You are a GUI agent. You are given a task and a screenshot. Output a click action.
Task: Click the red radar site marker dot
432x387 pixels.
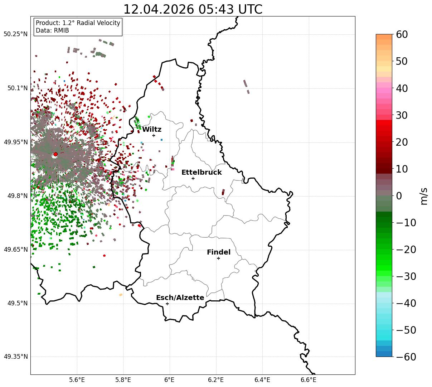click(x=55, y=154)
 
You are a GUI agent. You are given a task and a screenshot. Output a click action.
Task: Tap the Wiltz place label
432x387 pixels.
click(x=152, y=129)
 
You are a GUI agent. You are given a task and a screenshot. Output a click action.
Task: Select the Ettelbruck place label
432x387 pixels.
click(x=202, y=172)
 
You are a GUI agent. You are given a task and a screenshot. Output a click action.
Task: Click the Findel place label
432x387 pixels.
click(x=219, y=252)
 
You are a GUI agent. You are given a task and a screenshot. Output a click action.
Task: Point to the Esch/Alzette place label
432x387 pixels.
click(x=180, y=297)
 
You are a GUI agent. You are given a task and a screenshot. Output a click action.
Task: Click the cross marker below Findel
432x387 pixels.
click(x=218, y=258)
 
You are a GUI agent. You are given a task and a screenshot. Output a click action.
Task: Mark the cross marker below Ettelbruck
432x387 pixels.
click(x=193, y=178)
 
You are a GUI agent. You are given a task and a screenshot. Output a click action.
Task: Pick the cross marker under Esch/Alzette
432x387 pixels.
click(x=167, y=304)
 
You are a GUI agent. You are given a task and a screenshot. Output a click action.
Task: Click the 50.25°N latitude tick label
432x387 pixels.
click(x=15, y=34)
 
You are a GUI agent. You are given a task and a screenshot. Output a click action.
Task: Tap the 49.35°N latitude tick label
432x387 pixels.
click(x=15, y=357)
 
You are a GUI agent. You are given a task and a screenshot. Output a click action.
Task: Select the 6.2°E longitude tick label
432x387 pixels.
click(x=216, y=380)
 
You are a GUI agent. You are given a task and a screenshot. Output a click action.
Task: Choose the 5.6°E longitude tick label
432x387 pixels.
click(x=77, y=380)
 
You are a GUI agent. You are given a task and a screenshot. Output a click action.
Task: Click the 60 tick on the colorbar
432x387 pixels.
click(x=402, y=34)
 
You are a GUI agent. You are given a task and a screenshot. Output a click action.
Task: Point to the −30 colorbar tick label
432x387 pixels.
click(x=406, y=276)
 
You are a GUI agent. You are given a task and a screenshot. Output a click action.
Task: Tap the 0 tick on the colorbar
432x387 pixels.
click(x=399, y=196)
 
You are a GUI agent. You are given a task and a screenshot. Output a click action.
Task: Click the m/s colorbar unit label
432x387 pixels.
click(x=424, y=196)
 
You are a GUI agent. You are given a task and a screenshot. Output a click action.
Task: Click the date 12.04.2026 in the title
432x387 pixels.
click(x=159, y=9)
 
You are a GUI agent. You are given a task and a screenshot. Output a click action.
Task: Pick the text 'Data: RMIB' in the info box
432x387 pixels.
click(x=52, y=30)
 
